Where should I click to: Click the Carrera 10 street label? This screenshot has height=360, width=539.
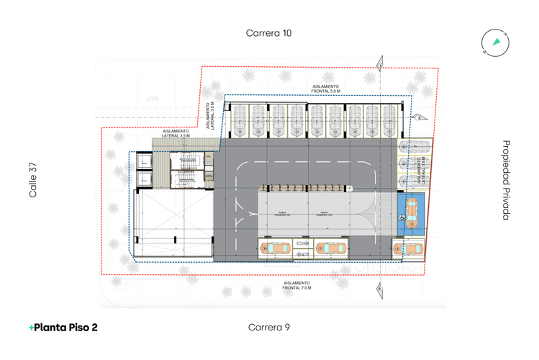tap(269, 32)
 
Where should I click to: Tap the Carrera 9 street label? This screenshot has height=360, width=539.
tap(269, 327)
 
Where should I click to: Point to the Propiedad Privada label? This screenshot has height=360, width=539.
tap(506, 179)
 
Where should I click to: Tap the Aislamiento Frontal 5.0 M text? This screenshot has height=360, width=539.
tap(327, 89)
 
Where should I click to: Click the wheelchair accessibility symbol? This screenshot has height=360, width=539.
tap(401, 215)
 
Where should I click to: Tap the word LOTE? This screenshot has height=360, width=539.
tap(152, 98)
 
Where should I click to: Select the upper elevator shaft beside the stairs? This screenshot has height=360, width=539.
tap(142, 163)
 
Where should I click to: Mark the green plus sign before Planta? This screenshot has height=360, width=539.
tap(31, 327)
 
